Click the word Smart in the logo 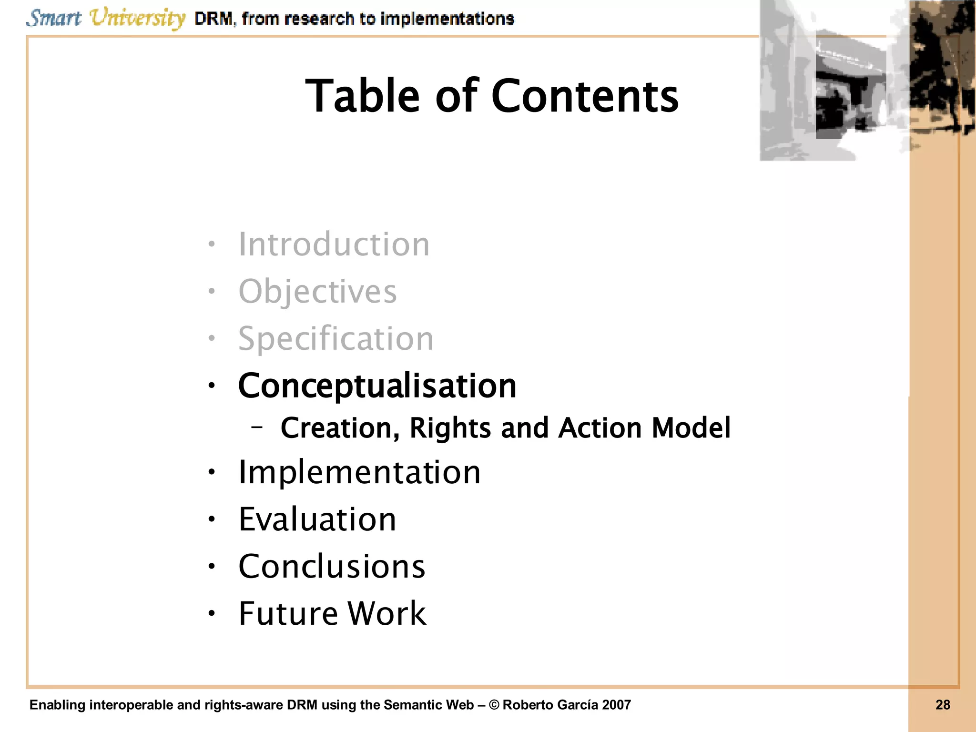(x=53, y=18)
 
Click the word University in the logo (x=137, y=19)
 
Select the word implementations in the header (x=447, y=19)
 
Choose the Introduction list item (x=334, y=244)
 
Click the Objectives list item (x=317, y=292)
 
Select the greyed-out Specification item (x=336, y=339)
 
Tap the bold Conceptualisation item (x=377, y=386)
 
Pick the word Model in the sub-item (x=691, y=427)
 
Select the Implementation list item (x=359, y=472)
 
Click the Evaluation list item (x=317, y=519)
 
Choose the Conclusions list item (x=332, y=567)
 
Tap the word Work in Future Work (x=386, y=613)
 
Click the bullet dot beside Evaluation (x=212, y=519)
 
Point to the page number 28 (x=943, y=705)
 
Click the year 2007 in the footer (x=616, y=705)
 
